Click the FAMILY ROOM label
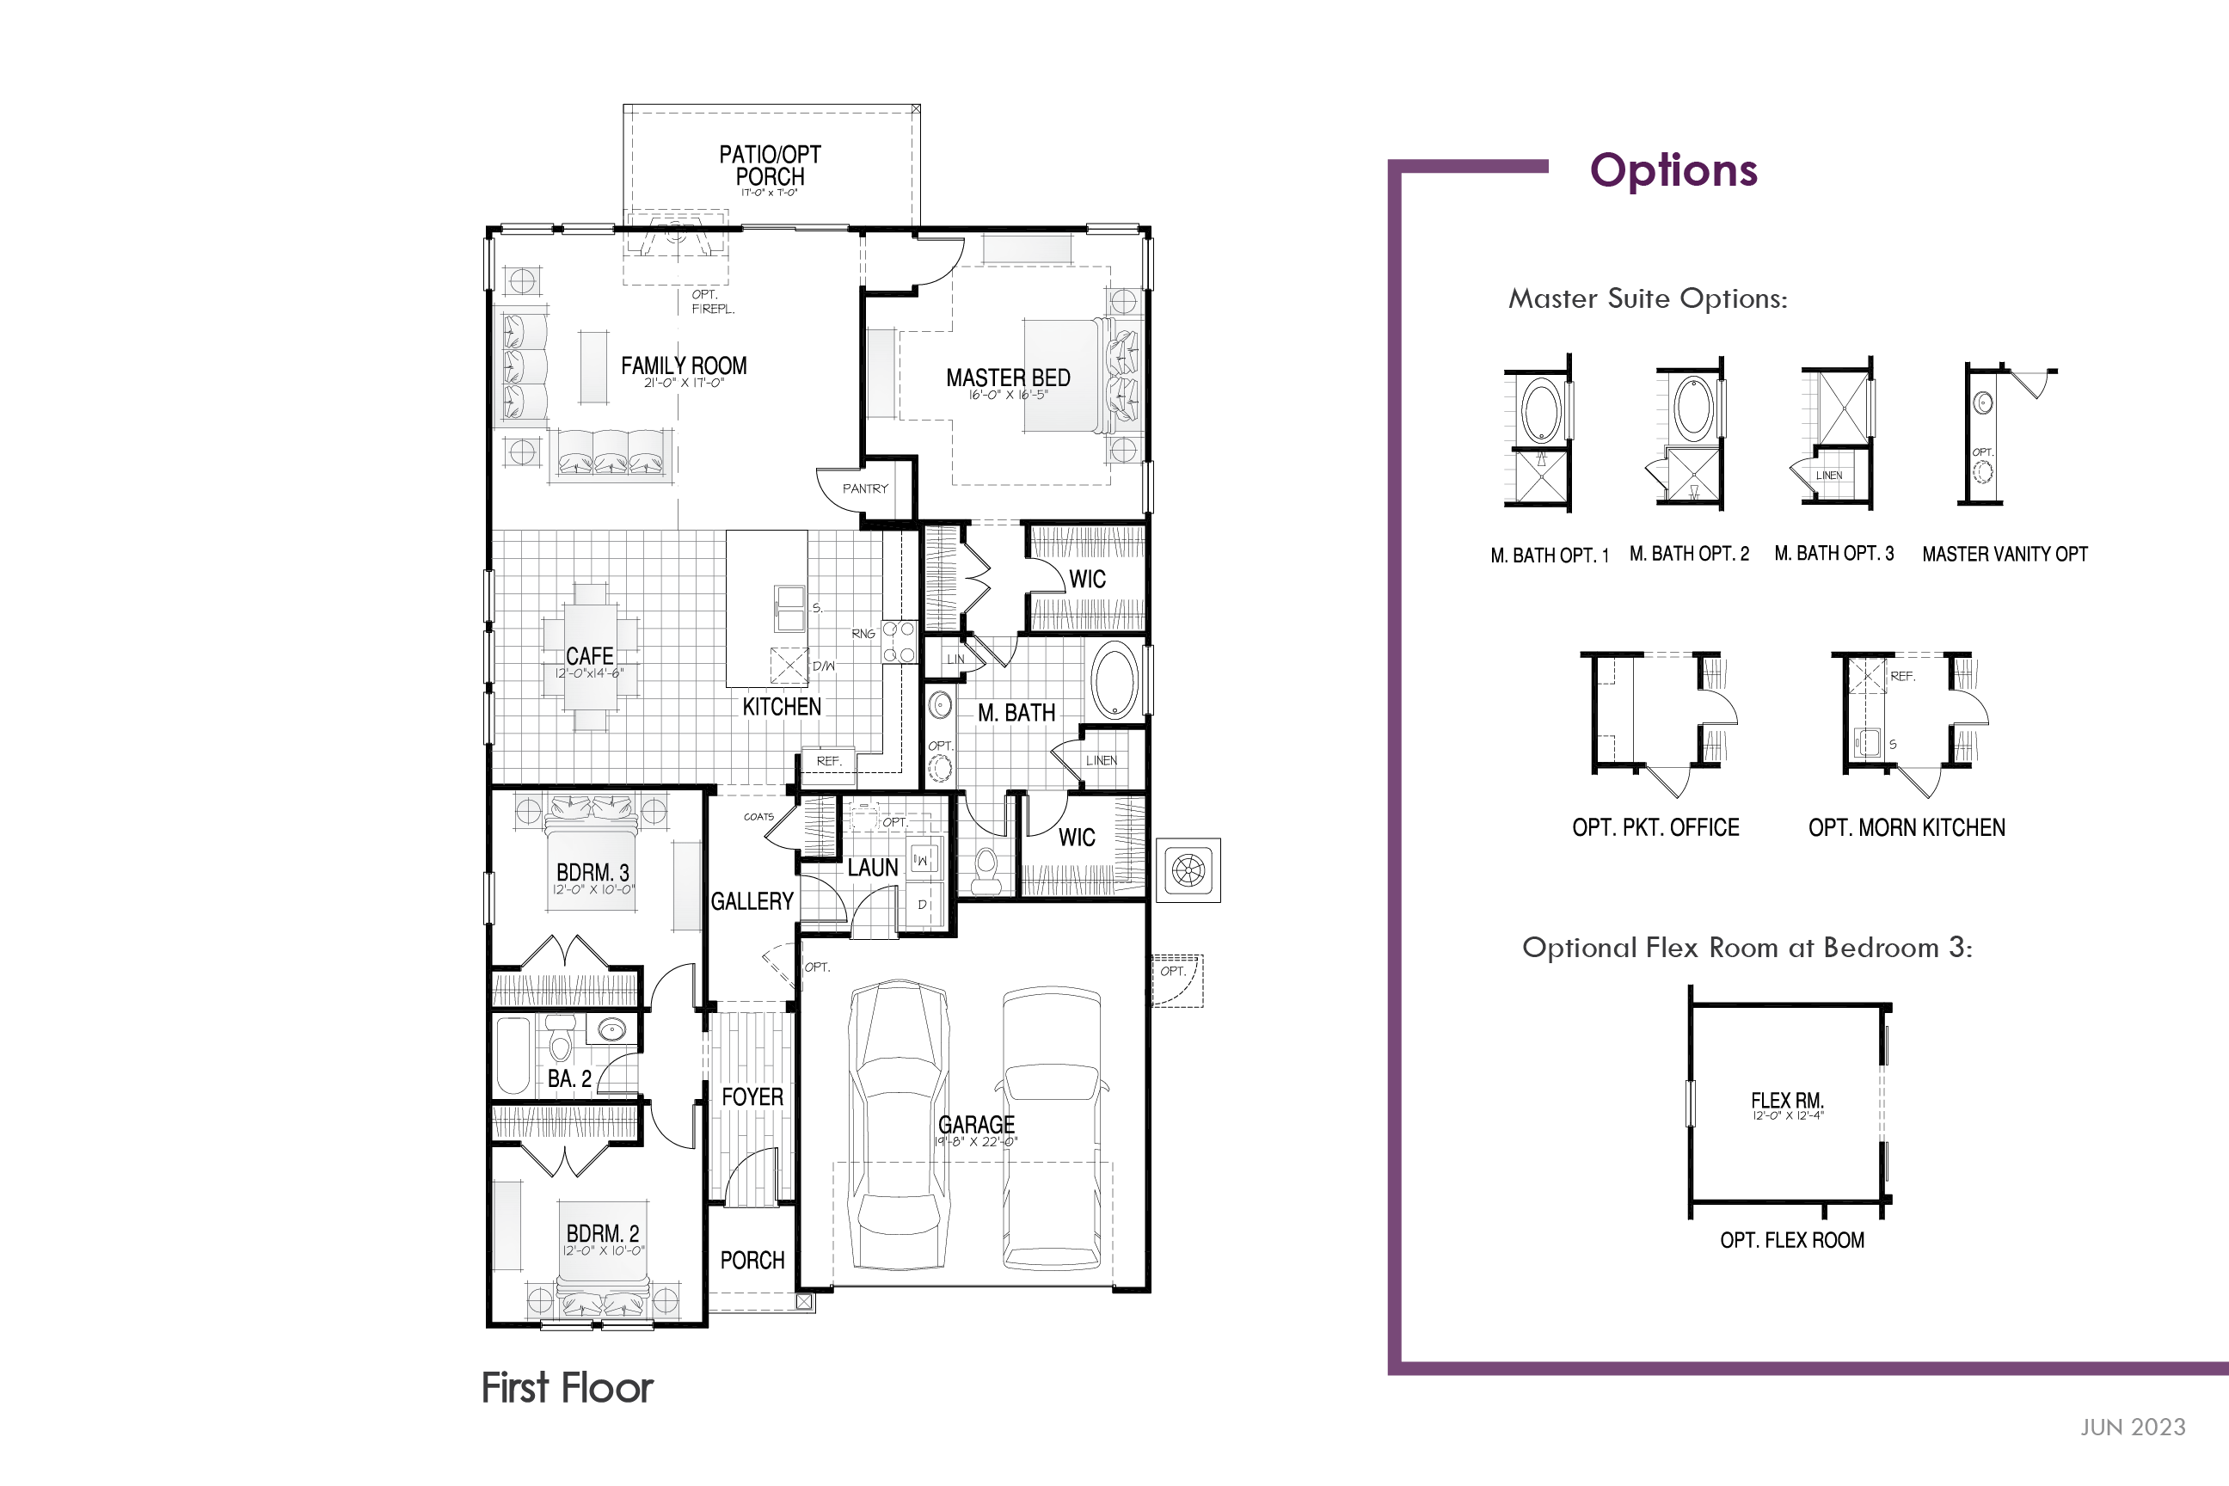click(684, 365)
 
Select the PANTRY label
click(865, 489)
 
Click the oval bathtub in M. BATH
click(1114, 679)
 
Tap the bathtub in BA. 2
click(513, 1055)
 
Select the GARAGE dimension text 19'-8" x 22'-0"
click(976, 1142)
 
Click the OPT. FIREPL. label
click(711, 301)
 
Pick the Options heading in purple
click(1673, 170)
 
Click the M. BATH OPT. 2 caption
click(1689, 555)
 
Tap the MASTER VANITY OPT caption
click(2005, 555)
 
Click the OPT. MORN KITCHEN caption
click(1906, 827)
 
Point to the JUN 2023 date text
click(2133, 1428)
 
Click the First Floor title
click(567, 1387)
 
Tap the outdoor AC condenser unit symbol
click(1188, 870)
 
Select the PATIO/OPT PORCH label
click(770, 166)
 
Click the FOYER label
click(752, 1096)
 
